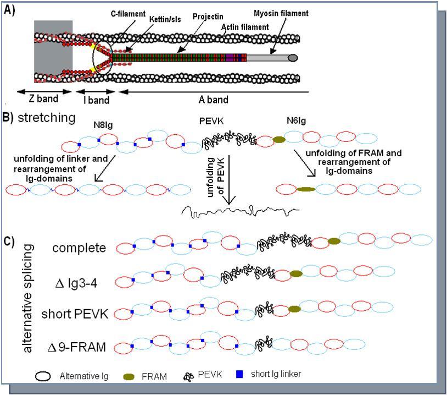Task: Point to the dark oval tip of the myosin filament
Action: point(293,58)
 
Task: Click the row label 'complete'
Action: point(79,248)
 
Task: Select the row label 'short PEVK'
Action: point(75,314)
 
